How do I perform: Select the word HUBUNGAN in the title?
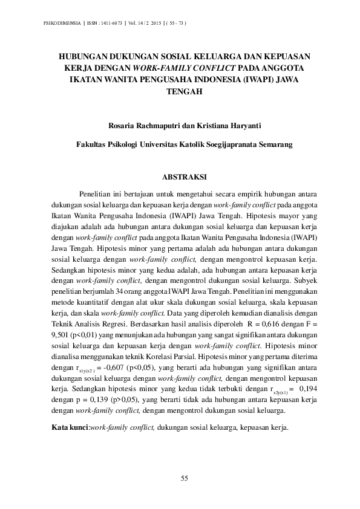click(82, 54)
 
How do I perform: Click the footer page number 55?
click(185, 479)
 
